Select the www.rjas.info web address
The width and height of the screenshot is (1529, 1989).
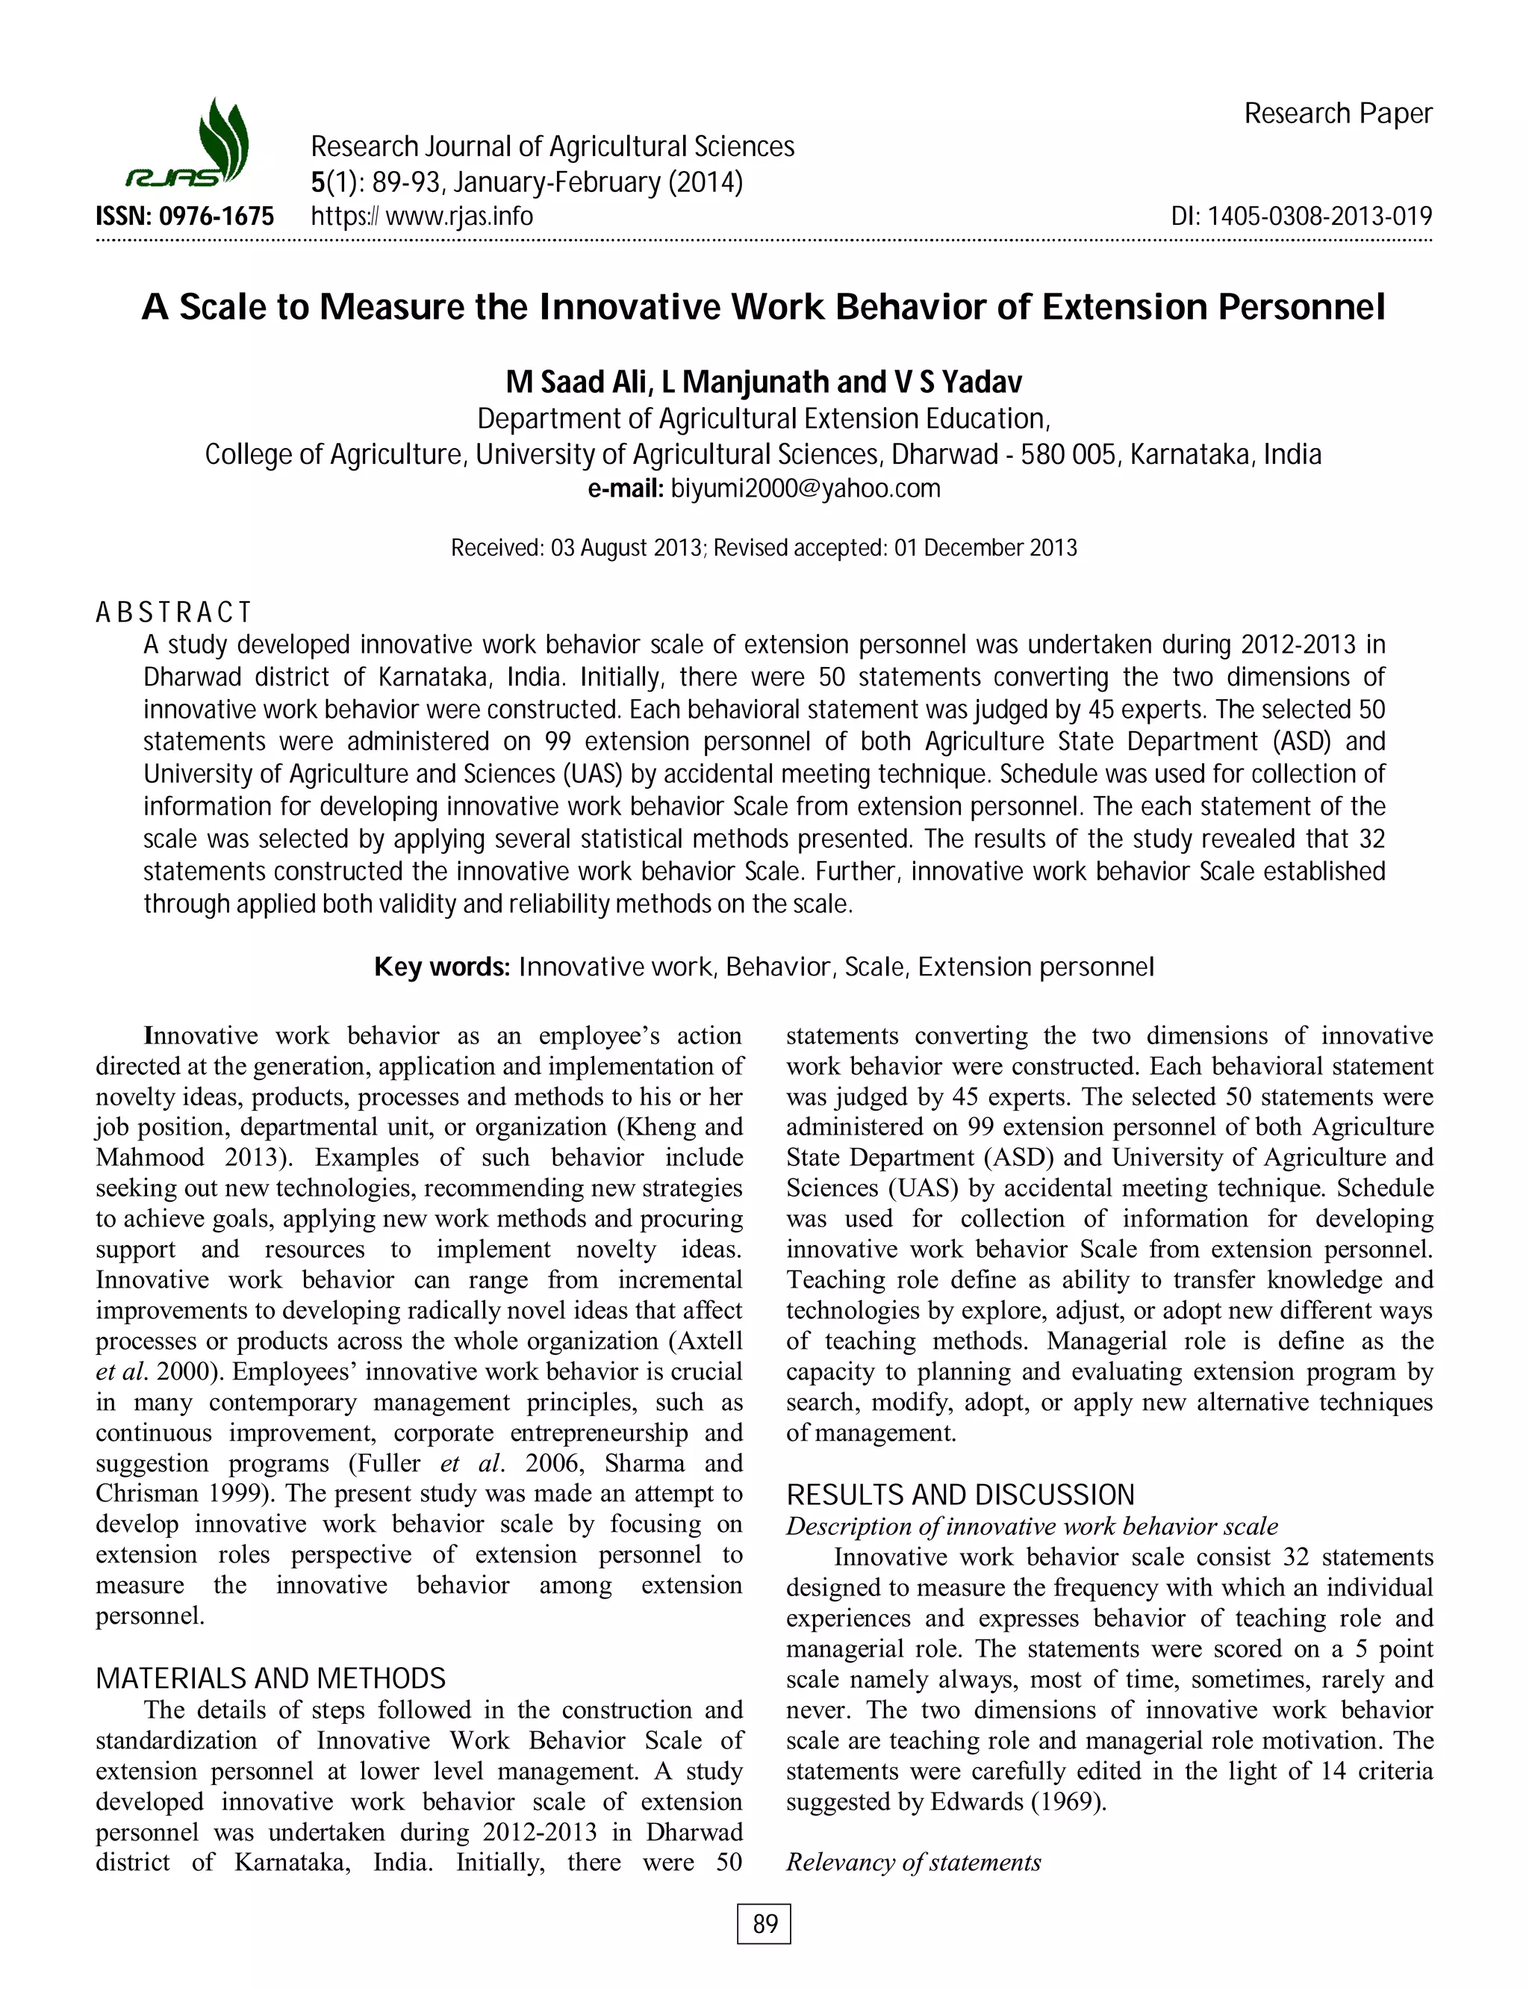click(x=460, y=217)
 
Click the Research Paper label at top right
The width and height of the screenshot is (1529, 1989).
click(x=1338, y=114)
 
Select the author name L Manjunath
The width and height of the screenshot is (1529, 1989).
click(x=745, y=382)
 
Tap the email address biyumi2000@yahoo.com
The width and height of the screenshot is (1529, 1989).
click(x=806, y=488)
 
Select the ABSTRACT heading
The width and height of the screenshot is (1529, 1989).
click(x=173, y=612)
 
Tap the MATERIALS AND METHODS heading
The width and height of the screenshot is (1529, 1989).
click(x=270, y=1678)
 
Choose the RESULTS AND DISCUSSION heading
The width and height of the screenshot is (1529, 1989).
click(x=960, y=1495)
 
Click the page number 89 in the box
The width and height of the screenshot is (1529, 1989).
click(x=764, y=1923)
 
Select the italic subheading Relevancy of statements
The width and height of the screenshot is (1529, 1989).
click(x=913, y=1863)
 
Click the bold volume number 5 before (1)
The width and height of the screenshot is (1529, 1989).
click(x=317, y=183)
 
